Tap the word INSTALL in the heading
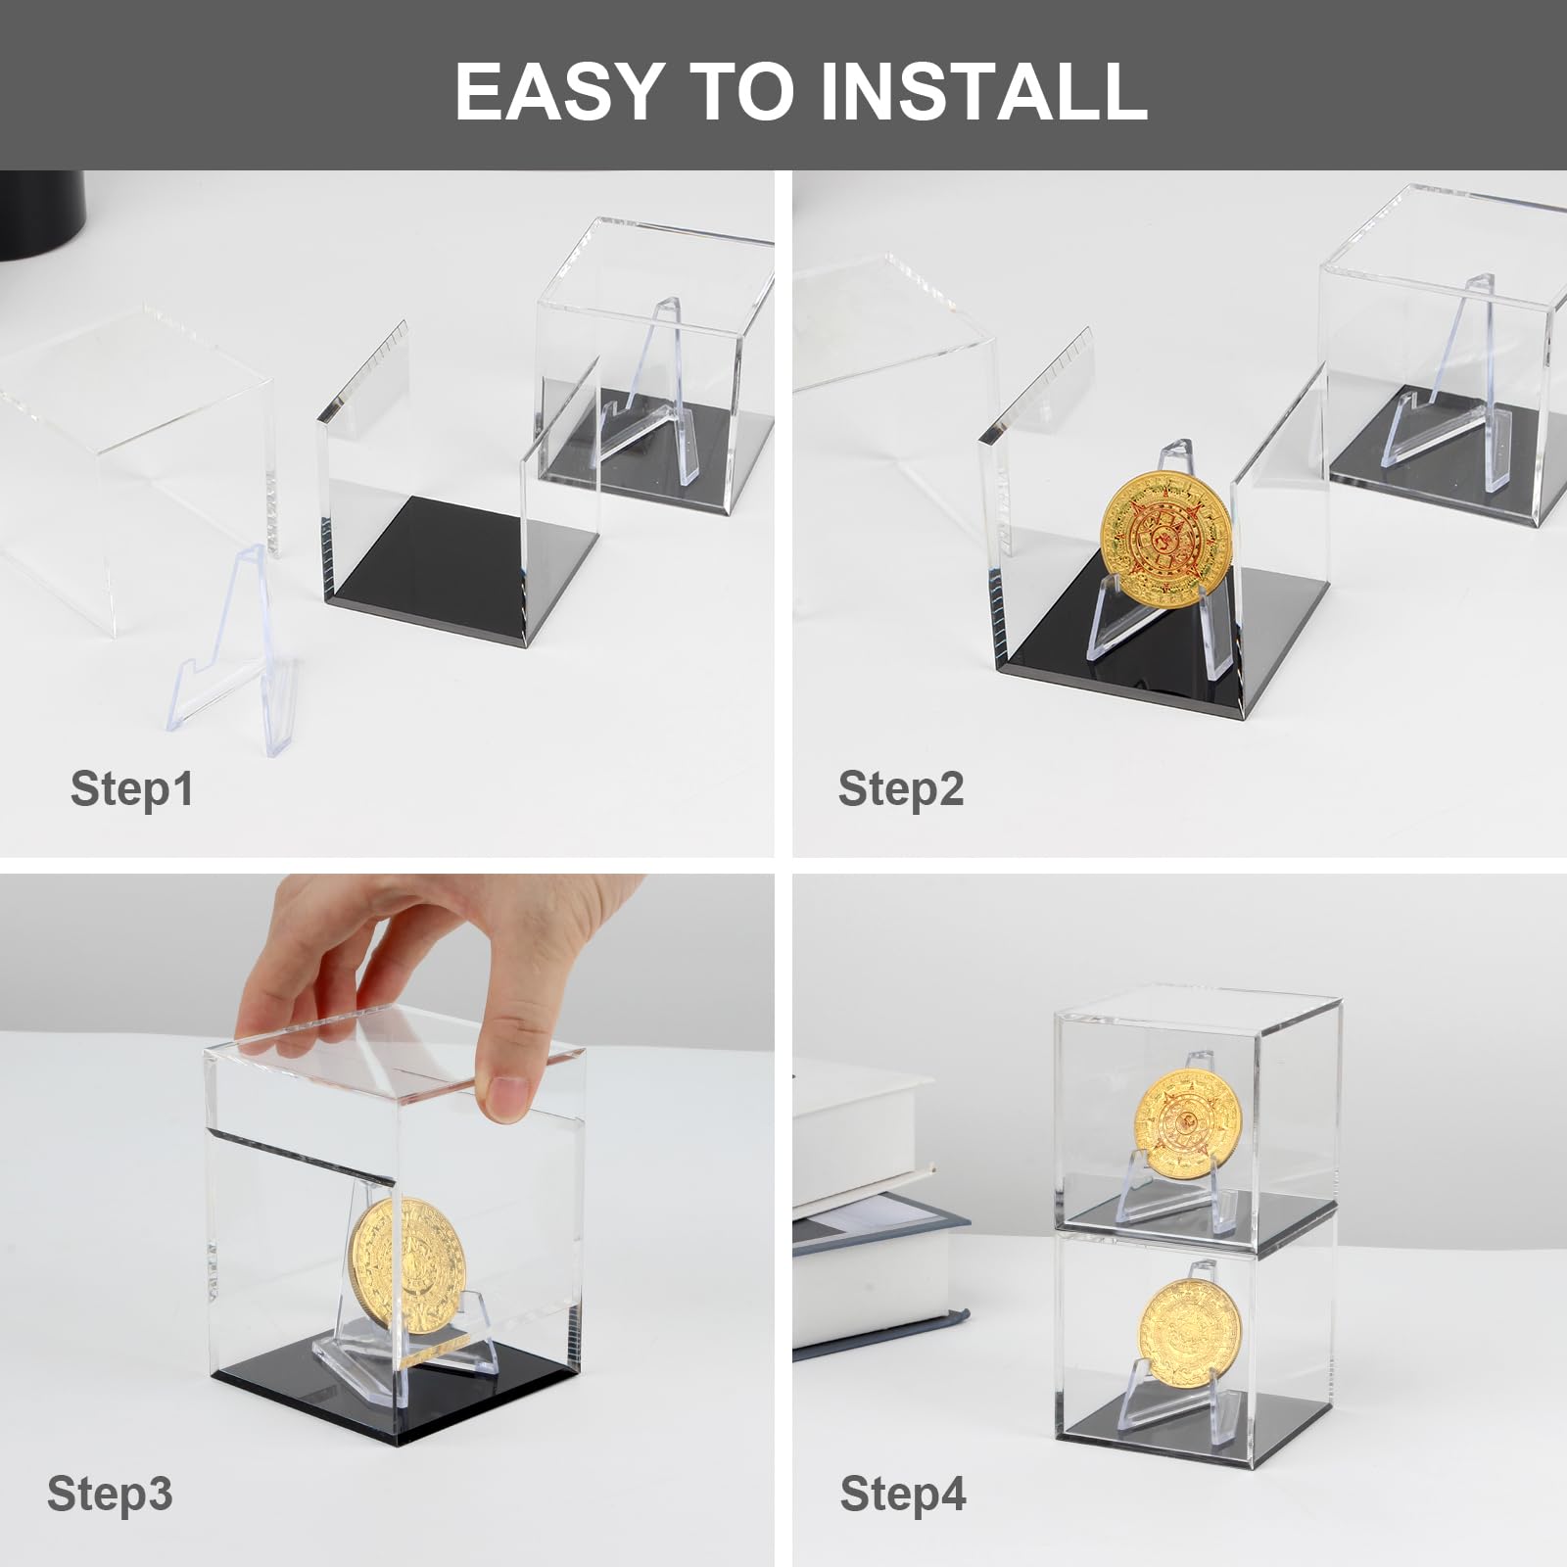(x=984, y=90)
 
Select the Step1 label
(x=132, y=788)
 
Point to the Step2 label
(x=901, y=788)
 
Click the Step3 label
(x=110, y=1493)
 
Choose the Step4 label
(x=903, y=1493)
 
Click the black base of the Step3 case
(x=397, y=1391)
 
